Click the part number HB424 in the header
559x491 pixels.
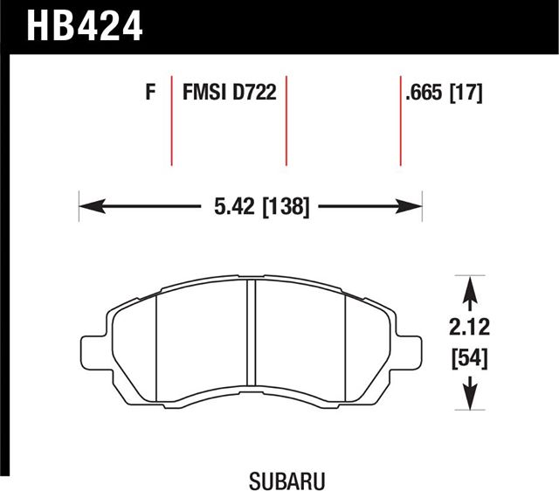click(x=85, y=25)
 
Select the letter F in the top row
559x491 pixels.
click(x=150, y=92)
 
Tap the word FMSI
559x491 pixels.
click(x=204, y=92)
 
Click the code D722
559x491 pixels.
click(x=254, y=92)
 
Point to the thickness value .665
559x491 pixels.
click(x=424, y=93)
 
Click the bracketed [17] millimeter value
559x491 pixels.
click(x=466, y=93)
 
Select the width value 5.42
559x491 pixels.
click(x=235, y=206)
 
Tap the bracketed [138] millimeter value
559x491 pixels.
click(x=286, y=207)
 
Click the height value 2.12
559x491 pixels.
click(x=469, y=328)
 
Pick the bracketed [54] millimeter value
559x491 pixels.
click(x=469, y=359)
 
